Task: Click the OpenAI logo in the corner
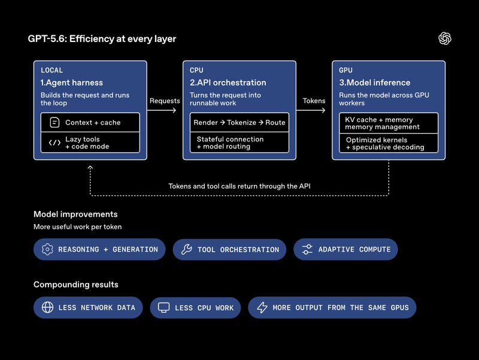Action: pyautogui.click(x=445, y=38)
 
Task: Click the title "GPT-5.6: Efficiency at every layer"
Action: pyautogui.click(x=102, y=39)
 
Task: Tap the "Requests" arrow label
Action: pyautogui.click(x=165, y=101)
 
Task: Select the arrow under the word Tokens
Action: pyautogui.click(x=311, y=110)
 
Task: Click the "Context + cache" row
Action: pyautogui.click(x=90, y=122)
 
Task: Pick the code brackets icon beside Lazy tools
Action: pyautogui.click(x=54, y=143)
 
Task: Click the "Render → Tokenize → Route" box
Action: pyautogui.click(x=239, y=122)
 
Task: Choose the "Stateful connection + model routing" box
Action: pyautogui.click(x=239, y=143)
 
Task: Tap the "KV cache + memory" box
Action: pyautogui.click(x=389, y=123)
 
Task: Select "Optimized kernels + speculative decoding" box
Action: pyautogui.click(x=389, y=143)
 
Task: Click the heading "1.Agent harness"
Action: pyautogui.click(x=72, y=83)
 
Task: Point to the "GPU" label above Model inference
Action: pyautogui.click(x=345, y=70)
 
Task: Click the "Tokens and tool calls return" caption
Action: pyautogui.click(x=239, y=186)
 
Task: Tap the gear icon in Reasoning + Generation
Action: pyautogui.click(x=47, y=249)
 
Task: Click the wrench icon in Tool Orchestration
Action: pyautogui.click(x=187, y=249)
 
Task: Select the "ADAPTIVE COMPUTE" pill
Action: pyautogui.click(x=345, y=249)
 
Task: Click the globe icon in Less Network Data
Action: pyautogui.click(x=47, y=307)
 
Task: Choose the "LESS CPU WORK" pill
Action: pyautogui.click(x=195, y=308)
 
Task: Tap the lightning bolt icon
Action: pyautogui.click(x=262, y=307)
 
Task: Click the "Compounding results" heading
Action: pyautogui.click(x=76, y=285)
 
